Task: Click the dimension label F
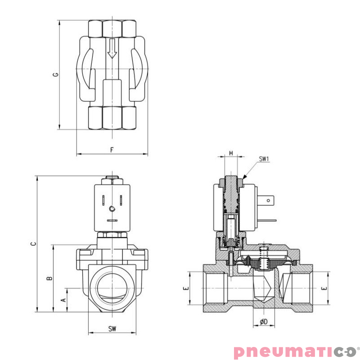112,149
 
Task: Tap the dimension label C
32,243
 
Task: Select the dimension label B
50,278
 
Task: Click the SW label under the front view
112,329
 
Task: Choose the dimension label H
231,153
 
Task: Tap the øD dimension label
264,322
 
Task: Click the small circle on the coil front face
112,208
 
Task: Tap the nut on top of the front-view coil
112,180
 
